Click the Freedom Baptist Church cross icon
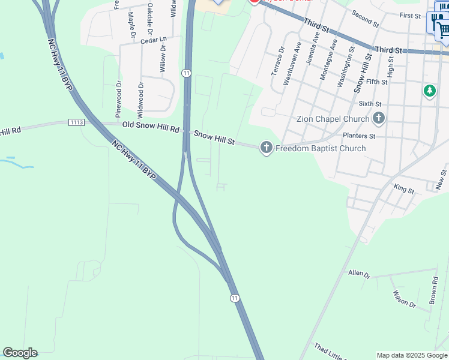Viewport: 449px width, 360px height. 266,148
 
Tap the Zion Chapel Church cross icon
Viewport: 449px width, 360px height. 378,118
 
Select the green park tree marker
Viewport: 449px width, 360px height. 429,91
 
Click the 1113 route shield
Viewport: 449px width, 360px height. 76,122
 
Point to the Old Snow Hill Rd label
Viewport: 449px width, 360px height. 150,127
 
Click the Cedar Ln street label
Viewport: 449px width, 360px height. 153,40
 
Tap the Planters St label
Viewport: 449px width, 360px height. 359,136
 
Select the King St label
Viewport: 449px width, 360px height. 404,189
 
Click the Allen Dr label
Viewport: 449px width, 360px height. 360,273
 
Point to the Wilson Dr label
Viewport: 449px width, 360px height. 404,299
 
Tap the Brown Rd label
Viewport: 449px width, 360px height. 433,289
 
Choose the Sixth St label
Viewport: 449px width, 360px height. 370,104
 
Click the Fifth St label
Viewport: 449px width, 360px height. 376,82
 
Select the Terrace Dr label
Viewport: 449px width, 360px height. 277,60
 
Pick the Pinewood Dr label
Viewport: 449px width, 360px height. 118,98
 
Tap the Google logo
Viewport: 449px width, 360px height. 20,353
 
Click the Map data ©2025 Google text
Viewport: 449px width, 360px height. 412,355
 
